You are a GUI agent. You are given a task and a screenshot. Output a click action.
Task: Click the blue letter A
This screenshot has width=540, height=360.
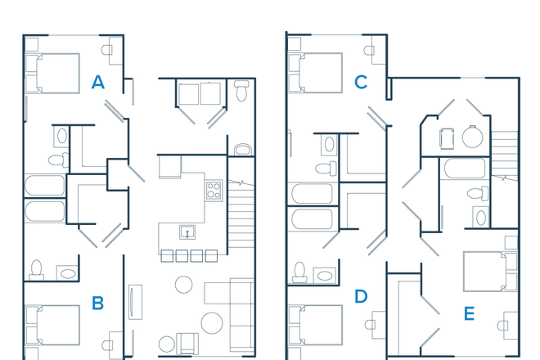click(x=98, y=82)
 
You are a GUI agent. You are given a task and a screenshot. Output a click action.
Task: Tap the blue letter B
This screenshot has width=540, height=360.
click(x=98, y=303)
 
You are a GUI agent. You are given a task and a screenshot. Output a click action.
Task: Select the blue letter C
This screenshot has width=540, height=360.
click(x=360, y=82)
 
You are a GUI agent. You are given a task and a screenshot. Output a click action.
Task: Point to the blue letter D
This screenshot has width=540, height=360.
click(x=361, y=295)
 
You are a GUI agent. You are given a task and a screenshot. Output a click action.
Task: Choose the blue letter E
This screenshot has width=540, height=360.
click(x=469, y=313)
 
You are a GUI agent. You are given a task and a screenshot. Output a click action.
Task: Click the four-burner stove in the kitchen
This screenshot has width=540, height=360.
click(x=213, y=191)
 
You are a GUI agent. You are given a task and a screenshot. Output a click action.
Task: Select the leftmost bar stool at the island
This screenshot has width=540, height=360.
click(x=167, y=256)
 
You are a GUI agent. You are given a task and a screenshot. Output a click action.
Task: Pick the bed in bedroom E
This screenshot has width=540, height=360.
click(x=488, y=270)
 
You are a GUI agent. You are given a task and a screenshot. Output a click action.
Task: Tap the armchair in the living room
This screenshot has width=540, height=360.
click(x=187, y=343)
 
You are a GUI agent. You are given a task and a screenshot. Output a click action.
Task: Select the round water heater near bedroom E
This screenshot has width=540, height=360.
click(x=473, y=137)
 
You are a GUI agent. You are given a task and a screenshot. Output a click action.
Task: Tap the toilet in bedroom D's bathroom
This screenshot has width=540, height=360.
click(x=300, y=271)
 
